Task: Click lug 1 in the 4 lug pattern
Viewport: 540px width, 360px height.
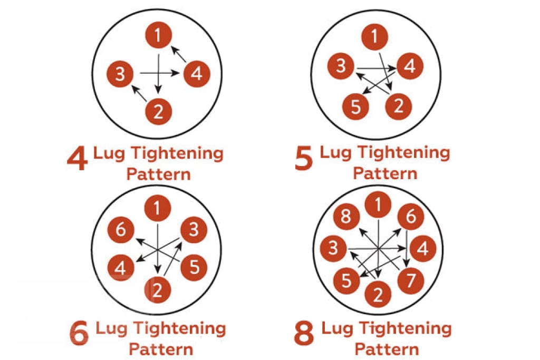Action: pyautogui.click(x=158, y=36)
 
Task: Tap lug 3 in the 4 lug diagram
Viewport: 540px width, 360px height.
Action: pyautogui.click(x=120, y=74)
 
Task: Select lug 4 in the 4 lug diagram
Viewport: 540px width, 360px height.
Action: pyautogui.click(x=197, y=73)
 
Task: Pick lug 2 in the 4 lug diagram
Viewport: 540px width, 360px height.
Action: pyautogui.click(x=158, y=111)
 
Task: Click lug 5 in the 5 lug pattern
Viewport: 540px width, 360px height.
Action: pyautogui.click(x=355, y=107)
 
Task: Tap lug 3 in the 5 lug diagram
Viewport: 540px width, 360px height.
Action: pyautogui.click(x=341, y=66)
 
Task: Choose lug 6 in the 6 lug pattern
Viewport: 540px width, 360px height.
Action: pyautogui.click(x=121, y=230)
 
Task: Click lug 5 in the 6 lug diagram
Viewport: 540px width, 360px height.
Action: pyautogui.click(x=194, y=267)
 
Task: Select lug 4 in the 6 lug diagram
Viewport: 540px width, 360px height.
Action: pyautogui.click(x=121, y=267)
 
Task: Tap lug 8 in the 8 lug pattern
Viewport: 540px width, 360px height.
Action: pyautogui.click(x=346, y=217)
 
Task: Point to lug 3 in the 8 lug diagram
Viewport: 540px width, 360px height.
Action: pyautogui.click(x=332, y=248)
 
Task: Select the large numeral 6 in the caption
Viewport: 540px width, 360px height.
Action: pyautogui.click(x=79, y=335)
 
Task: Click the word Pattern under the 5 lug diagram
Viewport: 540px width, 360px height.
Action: pyautogui.click(x=385, y=173)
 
